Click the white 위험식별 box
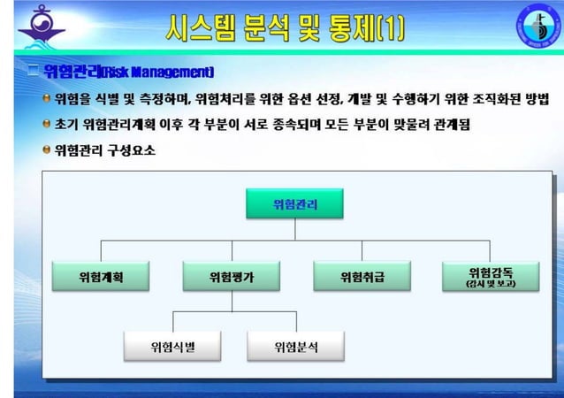click(x=172, y=346)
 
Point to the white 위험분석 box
click(x=296, y=346)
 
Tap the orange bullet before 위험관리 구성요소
click(x=47, y=149)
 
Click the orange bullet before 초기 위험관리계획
click(x=47, y=124)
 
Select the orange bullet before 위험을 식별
click(x=47, y=97)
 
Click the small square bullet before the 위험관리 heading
click(x=33, y=71)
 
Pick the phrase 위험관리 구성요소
click(x=105, y=150)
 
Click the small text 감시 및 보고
click(x=491, y=285)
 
